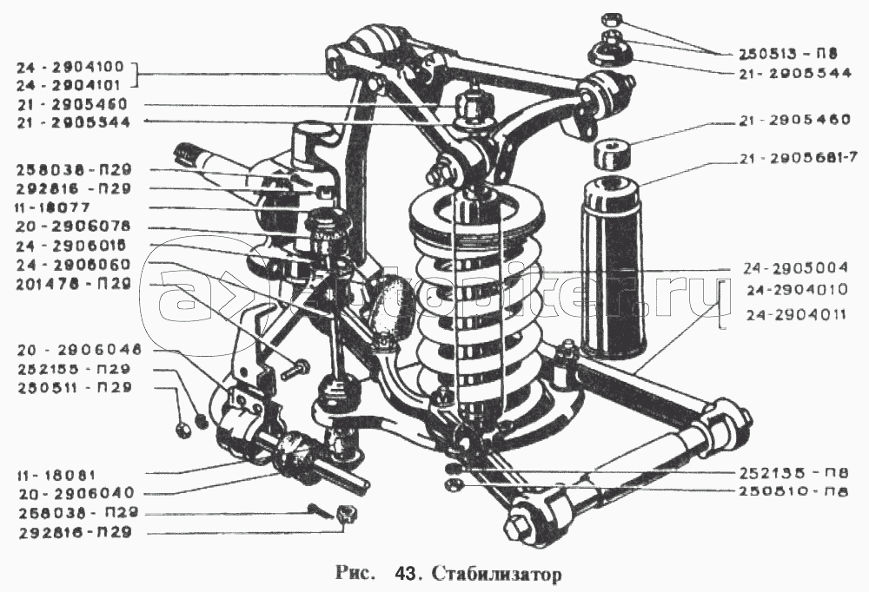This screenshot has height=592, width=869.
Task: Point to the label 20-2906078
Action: (72, 227)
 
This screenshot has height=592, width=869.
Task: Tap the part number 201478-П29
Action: (72, 283)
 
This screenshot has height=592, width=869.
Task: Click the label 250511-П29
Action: (72, 387)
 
